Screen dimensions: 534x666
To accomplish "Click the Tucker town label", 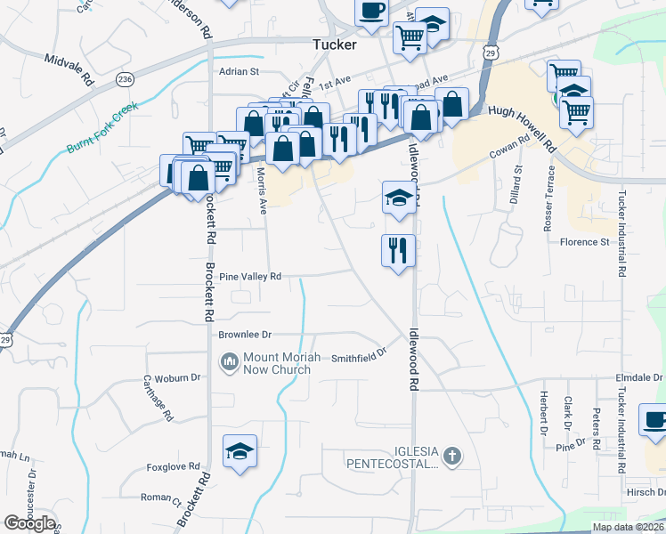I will (334, 44).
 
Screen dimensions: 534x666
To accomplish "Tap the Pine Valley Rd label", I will (250, 277).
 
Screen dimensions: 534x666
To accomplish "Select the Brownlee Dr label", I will (244, 335).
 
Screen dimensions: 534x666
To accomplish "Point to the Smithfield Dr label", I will (361, 356).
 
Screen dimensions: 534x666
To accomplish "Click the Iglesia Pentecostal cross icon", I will (452, 457).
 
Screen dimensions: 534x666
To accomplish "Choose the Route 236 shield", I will (125, 79).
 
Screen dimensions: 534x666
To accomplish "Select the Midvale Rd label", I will (69, 68).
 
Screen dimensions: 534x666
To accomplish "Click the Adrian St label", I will (240, 71).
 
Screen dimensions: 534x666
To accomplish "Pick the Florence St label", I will (584, 241).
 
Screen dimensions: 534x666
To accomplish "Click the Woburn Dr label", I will (176, 377).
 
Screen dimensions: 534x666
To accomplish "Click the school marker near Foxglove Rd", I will (240, 450).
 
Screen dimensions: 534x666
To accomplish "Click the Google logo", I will (29, 523).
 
